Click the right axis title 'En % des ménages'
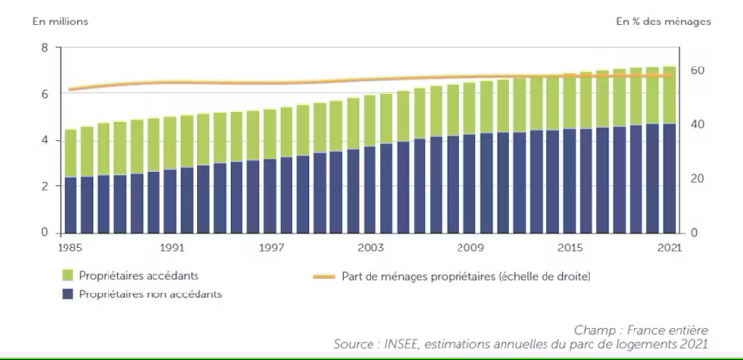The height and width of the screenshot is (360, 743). tap(662, 21)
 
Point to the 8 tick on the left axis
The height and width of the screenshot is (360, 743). tap(44, 48)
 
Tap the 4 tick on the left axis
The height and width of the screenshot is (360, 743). tap(44, 140)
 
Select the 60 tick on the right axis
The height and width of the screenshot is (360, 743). tap(696, 70)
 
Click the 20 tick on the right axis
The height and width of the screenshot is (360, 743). tap(696, 179)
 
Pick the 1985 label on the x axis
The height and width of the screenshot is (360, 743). tap(68, 248)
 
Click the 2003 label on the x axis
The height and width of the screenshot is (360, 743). tap(370, 248)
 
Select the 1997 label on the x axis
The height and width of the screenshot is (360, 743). tap(270, 248)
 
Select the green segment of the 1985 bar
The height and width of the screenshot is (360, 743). tap(70, 154)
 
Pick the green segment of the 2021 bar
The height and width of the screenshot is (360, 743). tap(669, 95)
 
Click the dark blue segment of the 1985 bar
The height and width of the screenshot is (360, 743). tap(70, 204)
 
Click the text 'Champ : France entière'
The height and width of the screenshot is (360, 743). tap(640, 331)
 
